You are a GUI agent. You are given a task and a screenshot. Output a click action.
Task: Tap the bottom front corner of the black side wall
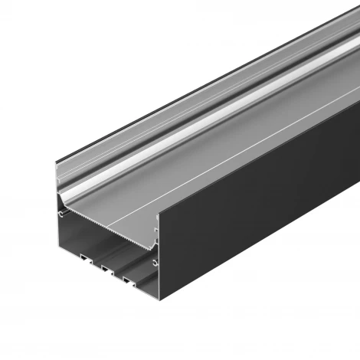(162, 306)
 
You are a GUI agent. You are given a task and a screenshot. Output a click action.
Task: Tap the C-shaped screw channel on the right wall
(155, 264)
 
